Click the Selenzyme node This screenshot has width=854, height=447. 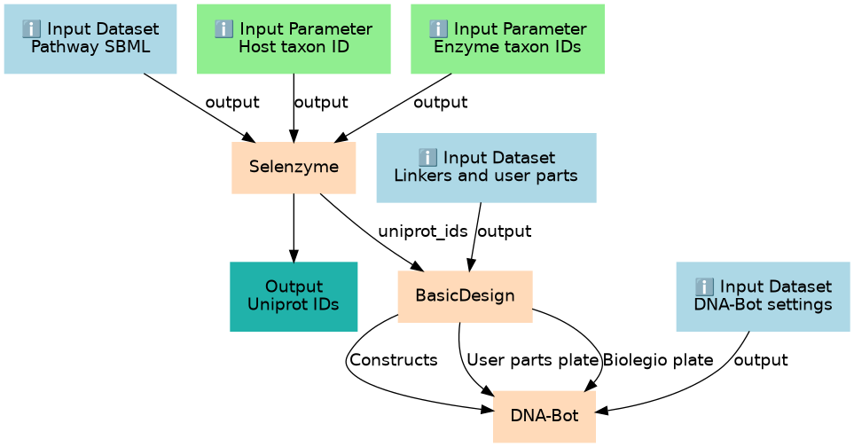point(294,168)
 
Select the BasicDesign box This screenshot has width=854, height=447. point(465,296)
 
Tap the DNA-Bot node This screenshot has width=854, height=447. point(545,417)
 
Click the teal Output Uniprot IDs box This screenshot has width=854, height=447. point(294,296)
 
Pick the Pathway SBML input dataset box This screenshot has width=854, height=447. point(90,39)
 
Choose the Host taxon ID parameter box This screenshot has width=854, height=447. point(294,39)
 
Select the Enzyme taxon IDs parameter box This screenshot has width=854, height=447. point(507,39)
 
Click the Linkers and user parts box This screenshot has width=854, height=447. point(486,168)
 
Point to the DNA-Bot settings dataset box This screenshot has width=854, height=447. point(763,296)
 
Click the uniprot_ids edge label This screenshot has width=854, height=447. point(423,231)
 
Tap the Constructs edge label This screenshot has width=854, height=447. point(393,360)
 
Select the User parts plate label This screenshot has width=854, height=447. point(533,360)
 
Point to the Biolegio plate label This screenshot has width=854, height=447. point(658,360)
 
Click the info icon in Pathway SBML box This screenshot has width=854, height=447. point(32,29)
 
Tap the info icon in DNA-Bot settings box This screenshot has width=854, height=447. point(704,286)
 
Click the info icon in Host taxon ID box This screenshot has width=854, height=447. point(223,29)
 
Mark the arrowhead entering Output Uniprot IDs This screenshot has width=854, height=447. point(294,256)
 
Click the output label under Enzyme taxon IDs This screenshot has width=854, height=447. point(440,102)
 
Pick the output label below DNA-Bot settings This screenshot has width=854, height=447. point(761,360)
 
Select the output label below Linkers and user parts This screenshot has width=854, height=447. point(505,231)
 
